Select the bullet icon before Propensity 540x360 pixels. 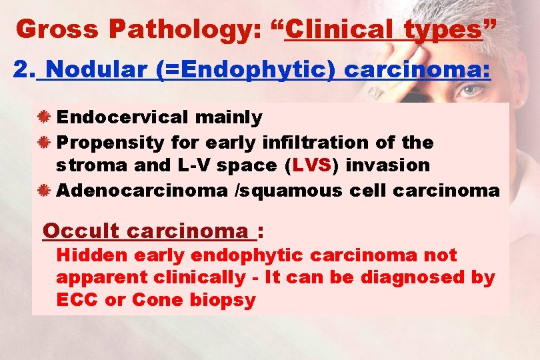45,143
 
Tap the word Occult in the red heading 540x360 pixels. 81,231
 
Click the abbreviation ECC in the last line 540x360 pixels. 78,300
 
